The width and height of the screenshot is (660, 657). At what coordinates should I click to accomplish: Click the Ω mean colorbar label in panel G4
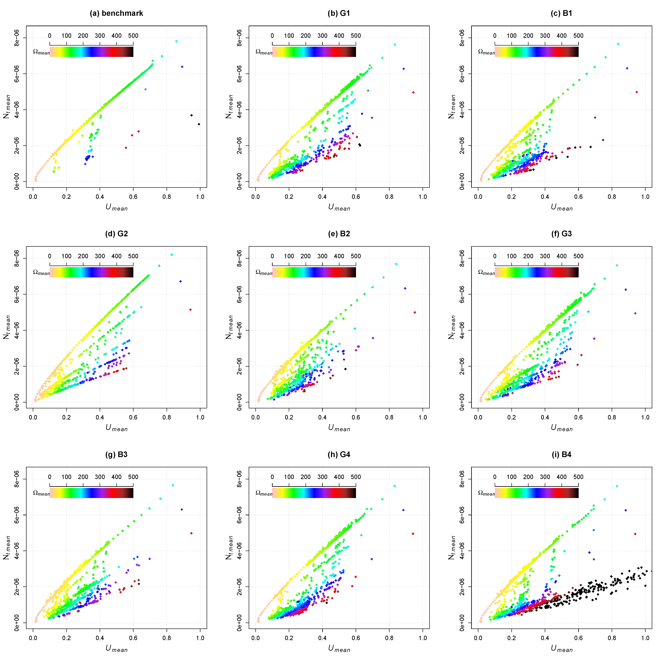264,493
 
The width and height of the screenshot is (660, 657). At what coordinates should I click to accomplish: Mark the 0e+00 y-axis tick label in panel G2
16,402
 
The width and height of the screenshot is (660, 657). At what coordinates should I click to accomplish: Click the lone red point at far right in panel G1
413,92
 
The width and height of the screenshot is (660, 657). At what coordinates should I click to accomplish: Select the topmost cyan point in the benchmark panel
176,41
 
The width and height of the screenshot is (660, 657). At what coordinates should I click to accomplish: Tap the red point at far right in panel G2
190,310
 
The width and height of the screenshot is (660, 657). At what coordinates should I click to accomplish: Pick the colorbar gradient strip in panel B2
314,272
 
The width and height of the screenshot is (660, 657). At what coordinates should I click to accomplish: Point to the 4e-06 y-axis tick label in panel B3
16,551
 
